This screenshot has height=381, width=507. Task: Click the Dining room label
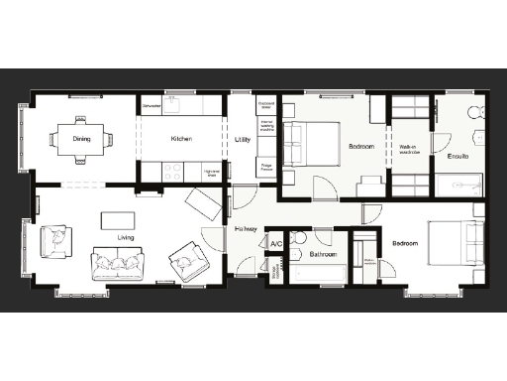point(81,139)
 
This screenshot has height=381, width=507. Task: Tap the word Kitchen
point(181,139)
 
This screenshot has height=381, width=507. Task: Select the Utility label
point(243,140)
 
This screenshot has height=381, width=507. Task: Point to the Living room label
point(126,237)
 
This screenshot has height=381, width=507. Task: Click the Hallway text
point(247,229)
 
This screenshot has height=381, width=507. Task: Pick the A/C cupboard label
point(276,244)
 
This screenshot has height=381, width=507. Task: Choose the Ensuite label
point(458,157)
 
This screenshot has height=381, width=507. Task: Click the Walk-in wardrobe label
point(410,150)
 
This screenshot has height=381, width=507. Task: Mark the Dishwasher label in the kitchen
point(152,104)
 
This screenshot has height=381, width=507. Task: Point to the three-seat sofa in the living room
point(117,264)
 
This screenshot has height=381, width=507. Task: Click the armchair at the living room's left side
point(55,240)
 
